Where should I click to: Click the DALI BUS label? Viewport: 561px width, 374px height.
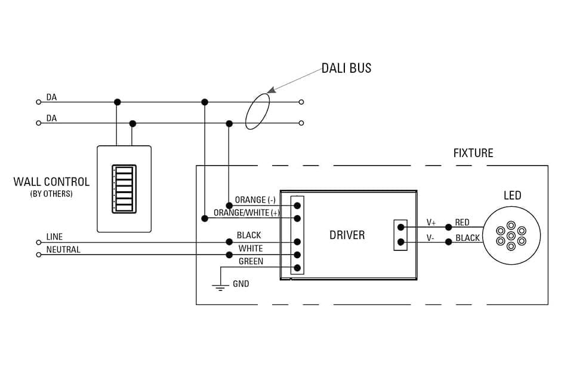coord(346,68)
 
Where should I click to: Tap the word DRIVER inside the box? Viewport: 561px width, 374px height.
coord(347,235)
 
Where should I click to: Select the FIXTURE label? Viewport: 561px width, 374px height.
coord(473,153)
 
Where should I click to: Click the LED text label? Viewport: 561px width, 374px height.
coord(512,195)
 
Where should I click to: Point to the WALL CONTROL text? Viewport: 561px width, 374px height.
coord(51,182)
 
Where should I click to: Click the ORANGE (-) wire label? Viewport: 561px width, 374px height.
coord(255,200)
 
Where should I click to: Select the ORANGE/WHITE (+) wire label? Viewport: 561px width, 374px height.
coord(246,213)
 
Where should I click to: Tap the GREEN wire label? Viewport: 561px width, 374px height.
coord(251,262)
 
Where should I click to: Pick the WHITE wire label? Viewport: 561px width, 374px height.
coord(251,249)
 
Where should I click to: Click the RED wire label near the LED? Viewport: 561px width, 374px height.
coord(462,223)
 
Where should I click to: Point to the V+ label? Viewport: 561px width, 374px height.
coord(431,223)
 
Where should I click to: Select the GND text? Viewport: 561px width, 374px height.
coord(241,284)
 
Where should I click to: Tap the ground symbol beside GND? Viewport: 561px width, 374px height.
coord(221,287)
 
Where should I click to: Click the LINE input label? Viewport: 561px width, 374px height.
coord(54,237)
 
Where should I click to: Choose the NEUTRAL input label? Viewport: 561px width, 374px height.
coord(63,249)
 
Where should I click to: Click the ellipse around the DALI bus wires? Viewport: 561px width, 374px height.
coord(257,111)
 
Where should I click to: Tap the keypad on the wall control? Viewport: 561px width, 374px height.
coord(124,189)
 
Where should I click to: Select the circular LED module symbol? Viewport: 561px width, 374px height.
coord(511,235)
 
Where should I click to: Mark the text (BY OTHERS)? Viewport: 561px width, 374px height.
coord(51,194)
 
